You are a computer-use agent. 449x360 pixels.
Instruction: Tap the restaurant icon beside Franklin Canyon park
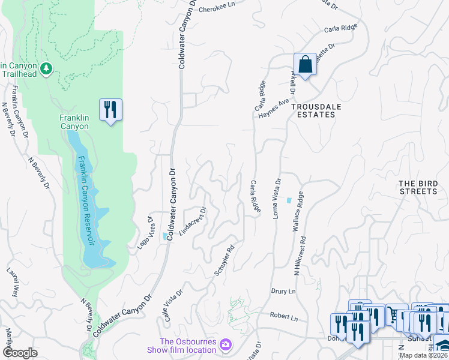[x=110, y=110]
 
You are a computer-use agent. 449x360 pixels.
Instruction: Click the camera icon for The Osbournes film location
[x=225, y=344]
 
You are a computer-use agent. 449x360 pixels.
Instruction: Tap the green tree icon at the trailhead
[x=46, y=70]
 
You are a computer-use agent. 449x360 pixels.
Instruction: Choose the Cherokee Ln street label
[x=215, y=10]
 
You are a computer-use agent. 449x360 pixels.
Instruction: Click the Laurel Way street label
[x=13, y=283]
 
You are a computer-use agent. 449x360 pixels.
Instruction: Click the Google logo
[x=20, y=353]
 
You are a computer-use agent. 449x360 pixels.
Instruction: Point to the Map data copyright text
[x=424, y=355]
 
